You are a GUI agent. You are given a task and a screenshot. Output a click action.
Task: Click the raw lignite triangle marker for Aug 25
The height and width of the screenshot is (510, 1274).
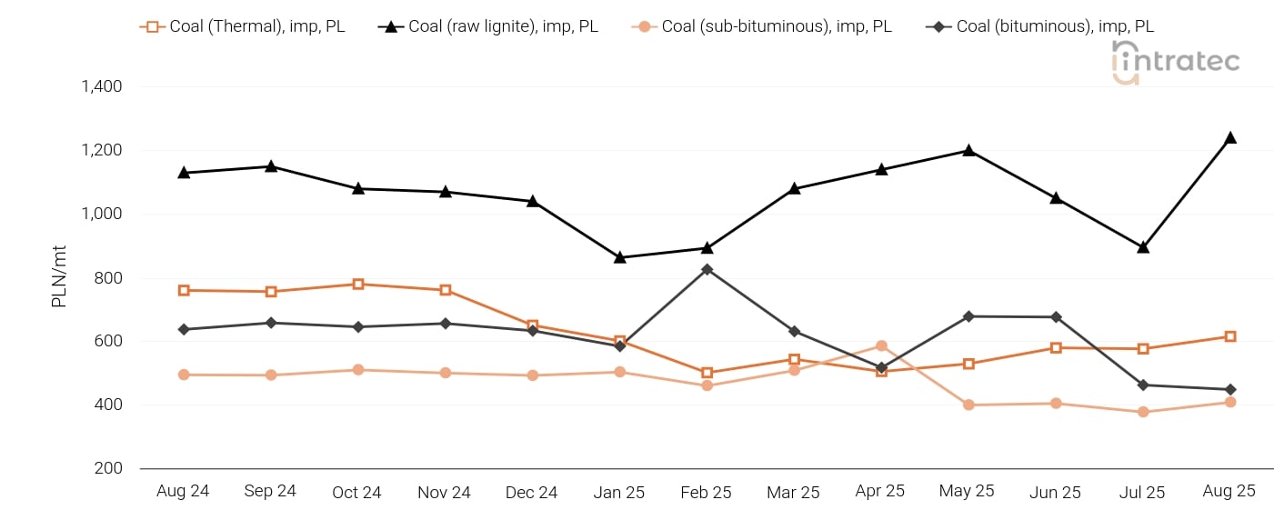point(1229,137)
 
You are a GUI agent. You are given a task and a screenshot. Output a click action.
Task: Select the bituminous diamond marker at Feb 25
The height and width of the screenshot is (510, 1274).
point(707,269)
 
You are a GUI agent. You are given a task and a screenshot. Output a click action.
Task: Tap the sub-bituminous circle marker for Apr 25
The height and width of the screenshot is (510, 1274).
point(881,346)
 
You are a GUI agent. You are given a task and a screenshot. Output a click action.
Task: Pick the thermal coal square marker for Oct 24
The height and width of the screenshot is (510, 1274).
point(358,284)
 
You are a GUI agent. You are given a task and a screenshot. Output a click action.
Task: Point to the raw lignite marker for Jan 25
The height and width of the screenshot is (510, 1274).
point(619,257)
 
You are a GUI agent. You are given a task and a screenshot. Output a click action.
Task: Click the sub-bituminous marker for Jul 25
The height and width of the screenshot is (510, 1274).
point(1142,412)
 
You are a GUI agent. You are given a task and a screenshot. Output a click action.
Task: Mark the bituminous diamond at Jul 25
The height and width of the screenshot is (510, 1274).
point(1142,385)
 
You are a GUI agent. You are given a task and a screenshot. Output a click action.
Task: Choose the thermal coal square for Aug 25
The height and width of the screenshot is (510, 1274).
point(1229,336)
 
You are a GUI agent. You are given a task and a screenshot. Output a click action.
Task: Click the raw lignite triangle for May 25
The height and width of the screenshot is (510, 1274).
point(968,150)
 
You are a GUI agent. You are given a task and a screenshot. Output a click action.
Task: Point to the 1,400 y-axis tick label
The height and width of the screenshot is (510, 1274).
point(102,86)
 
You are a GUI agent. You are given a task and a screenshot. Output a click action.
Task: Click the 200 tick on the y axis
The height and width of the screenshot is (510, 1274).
point(109,468)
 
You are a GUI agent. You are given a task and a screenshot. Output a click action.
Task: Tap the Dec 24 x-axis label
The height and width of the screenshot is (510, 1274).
point(531,492)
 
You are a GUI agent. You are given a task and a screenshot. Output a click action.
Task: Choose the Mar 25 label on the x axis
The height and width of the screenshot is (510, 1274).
point(793,492)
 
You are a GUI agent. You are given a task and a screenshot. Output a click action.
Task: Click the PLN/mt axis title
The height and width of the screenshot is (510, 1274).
point(59,277)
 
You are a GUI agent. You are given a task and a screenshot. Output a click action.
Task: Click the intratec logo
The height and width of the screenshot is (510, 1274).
point(1175,62)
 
